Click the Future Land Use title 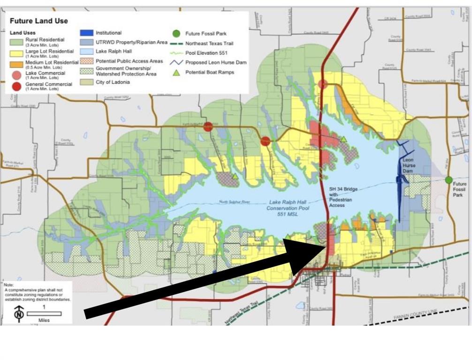click(38, 21)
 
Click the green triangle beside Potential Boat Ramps click(176, 72)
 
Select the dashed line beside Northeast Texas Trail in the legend click(176, 43)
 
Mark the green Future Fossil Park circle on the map click(449, 180)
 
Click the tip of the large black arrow click(324, 245)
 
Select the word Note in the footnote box click(9, 285)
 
